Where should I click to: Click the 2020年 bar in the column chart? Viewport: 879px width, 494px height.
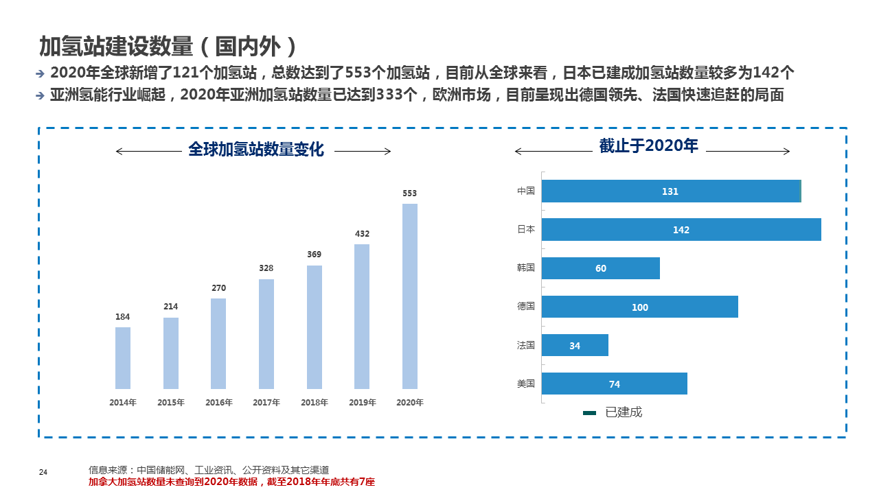tap(409, 296)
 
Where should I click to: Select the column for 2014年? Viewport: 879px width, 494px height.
tap(122, 357)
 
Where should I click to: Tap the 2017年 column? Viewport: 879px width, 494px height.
tap(266, 333)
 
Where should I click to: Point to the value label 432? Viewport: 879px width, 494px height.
tap(362, 234)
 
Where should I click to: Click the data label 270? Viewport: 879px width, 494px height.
tap(218, 288)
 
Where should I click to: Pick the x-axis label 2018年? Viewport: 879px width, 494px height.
tap(314, 403)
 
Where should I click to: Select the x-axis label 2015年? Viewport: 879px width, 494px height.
tap(170, 403)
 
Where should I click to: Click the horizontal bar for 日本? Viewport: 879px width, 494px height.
tap(681, 230)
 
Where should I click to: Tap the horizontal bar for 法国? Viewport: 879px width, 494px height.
tap(575, 345)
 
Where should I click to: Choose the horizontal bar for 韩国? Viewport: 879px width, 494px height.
tap(600, 268)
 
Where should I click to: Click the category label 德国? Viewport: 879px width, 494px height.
tap(526, 307)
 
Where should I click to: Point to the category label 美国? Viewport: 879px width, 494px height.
tap(526, 384)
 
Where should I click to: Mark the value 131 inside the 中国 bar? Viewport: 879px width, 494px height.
tap(670, 191)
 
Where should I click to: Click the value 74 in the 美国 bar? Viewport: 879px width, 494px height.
tap(615, 384)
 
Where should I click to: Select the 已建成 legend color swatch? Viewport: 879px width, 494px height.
tap(589, 413)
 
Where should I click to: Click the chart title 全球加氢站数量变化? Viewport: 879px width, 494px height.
tap(255, 150)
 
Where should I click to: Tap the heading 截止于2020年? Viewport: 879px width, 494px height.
tap(648, 145)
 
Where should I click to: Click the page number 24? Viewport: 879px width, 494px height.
tap(43, 472)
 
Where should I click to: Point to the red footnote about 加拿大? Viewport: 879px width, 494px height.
tap(231, 482)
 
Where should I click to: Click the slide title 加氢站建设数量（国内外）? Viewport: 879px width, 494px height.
tap(169, 46)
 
